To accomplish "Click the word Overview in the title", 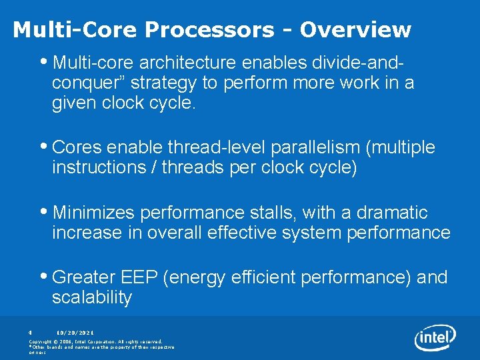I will click(355, 30).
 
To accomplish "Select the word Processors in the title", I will click(209, 30).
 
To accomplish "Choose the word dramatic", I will click(392, 213).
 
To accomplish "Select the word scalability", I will click(92, 298).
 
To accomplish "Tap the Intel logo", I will click(435, 338).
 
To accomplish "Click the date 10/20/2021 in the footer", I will click(75, 331).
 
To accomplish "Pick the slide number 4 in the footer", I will click(31, 331).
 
